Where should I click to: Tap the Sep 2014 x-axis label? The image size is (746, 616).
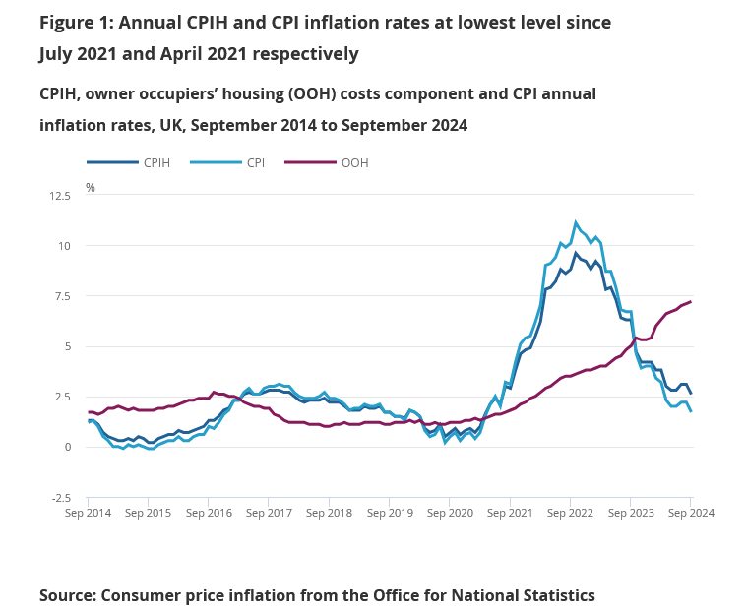point(88,513)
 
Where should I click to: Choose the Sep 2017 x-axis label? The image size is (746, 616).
point(269,513)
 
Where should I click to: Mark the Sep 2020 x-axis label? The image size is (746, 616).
point(449,513)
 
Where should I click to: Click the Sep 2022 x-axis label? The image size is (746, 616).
point(569,513)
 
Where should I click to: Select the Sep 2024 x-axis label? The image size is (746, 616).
point(689,513)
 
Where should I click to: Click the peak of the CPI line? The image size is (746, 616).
point(576,222)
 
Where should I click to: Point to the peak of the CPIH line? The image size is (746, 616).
point(577,253)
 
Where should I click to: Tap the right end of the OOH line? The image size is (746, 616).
point(690,302)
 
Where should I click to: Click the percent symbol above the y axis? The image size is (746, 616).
point(91,187)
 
